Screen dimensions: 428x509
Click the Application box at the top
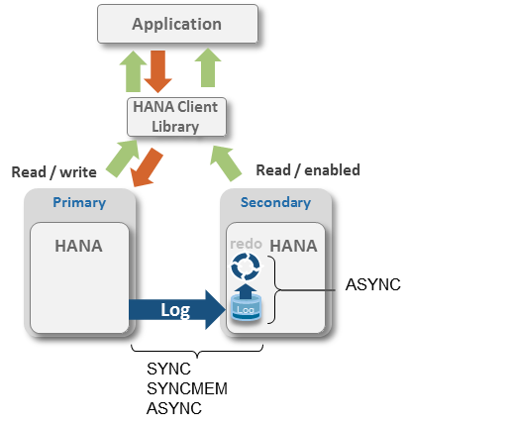pyautogui.click(x=177, y=23)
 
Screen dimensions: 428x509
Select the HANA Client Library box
pyautogui.click(x=177, y=116)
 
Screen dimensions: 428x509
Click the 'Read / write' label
pyautogui.click(x=53, y=171)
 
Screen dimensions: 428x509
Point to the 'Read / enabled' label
pyautogui.click(x=308, y=169)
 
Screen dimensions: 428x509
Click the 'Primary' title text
pyautogui.click(x=78, y=202)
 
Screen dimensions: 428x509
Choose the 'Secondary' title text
pyautogui.click(x=275, y=202)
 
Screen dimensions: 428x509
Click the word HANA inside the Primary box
pyautogui.click(x=78, y=246)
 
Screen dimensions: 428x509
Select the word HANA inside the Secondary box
pyautogui.click(x=293, y=245)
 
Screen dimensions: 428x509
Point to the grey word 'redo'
pyautogui.click(x=246, y=244)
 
